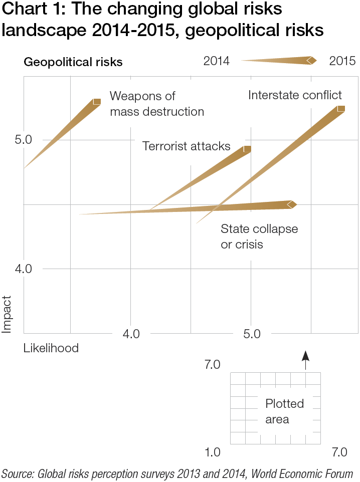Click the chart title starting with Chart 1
pos(163,20)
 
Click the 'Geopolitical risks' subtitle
pos(73,62)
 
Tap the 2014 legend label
pos(216,61)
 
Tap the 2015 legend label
pos(342,61)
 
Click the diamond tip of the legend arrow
pos(312,61)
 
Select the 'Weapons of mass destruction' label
pos(156,103)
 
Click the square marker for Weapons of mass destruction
pos(97,102)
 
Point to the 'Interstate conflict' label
pos(295,95)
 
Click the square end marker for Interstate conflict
pos(341,109)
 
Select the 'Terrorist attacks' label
pos(187,146)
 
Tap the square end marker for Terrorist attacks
pos(247,149)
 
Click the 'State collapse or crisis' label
pos(259,236)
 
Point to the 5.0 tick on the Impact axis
pos(23,139)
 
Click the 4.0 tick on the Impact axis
pos(23,269)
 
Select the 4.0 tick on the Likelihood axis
pos(131,334)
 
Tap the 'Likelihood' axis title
pos(51,348)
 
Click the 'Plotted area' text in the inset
pos(284,411)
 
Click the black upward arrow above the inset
pos(305,356)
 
